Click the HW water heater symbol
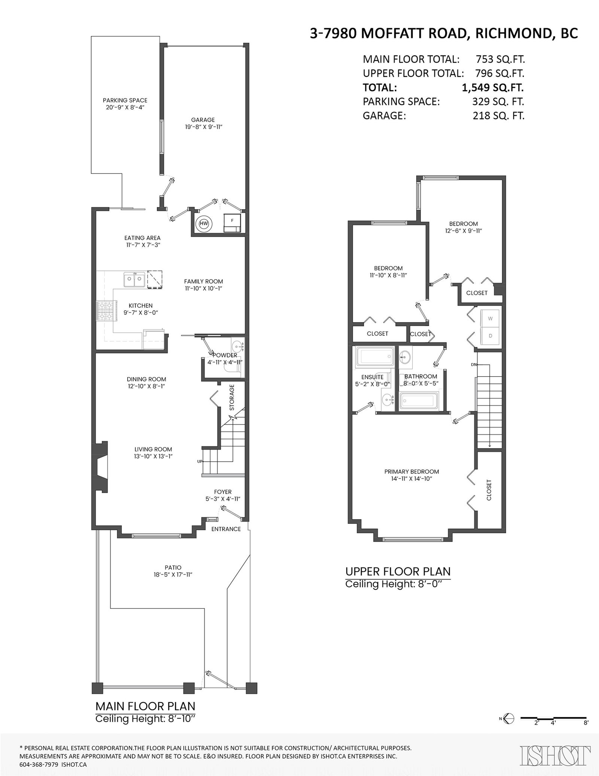click(x=204, y=224)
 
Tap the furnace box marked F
click(x=232, y=223)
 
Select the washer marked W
click(x=490, y=318)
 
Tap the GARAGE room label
click(x=203, y=120)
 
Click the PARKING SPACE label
click(x=125, y=100)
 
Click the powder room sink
click(x=237, y=345)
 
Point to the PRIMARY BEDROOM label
click(x=411, y=472)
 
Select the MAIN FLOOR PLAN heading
click(x=145, y=706)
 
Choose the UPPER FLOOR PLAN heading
click(x=398, y=571)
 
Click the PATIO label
click(x=173, y=568)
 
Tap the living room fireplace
click(x=100, y=467)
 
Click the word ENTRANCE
click(x=226, y=529)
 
